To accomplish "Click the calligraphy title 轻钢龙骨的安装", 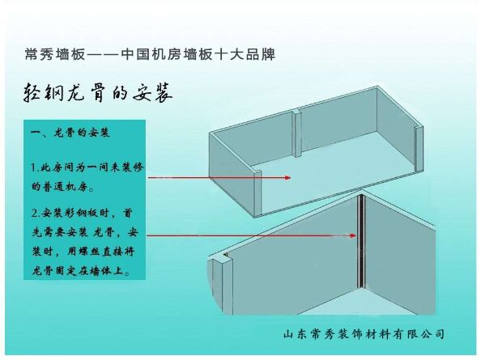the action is (x=97, y=92).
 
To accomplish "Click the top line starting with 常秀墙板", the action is (x=150, y=54).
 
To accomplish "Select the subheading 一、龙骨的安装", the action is (x=70, y=133).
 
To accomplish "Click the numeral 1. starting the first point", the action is (x=36, y=167).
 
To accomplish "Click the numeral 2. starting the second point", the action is (x=36, y=213).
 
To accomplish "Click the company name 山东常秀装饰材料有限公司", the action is (x=364, y=333).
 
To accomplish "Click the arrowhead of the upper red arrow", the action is (x=287, y=177).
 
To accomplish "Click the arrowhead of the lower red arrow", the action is (x=353, y=235).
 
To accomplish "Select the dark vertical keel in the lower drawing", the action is (x=361, y=241).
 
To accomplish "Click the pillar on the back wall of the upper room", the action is (x=297, y=133).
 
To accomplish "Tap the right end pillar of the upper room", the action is (x=419, y=149).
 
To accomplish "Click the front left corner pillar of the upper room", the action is (x=258, y=193).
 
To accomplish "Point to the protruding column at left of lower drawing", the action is (x=220, y=283).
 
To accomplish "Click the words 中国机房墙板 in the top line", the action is (x=166, y=54).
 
